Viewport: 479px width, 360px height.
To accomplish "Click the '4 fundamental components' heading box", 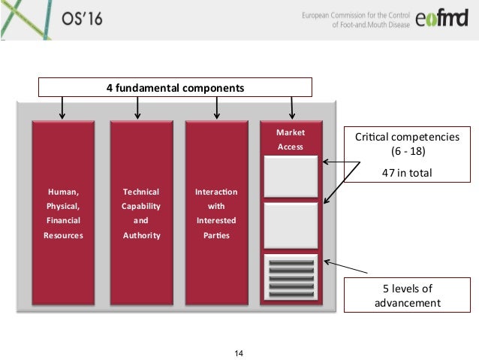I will point(174,87).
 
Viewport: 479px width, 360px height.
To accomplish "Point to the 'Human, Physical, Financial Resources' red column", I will point(62,213).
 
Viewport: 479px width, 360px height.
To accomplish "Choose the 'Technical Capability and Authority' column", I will point(141,213).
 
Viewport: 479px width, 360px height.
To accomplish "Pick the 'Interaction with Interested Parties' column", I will point(216,213).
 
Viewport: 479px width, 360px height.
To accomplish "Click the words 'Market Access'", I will point(290,140).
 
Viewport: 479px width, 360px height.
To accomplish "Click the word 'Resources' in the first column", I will point(62,235).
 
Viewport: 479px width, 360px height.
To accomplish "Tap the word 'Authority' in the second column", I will point(141,235).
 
